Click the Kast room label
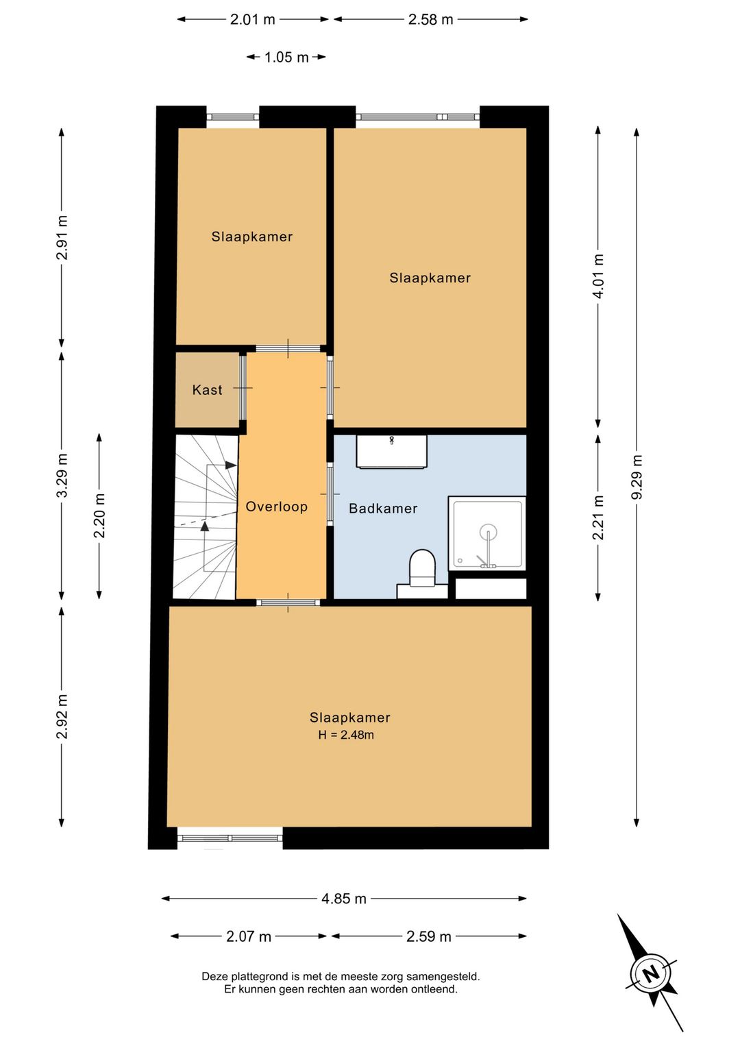click(207, 390)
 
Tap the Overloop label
click(276, 507)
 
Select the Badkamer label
click(383, 508)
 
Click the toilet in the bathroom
click(422, 570)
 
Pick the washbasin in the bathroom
click(391, 452)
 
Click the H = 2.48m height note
click(346, 735)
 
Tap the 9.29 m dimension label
click(637, 477)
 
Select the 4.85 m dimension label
click(344, 899)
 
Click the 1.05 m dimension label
click(286, 58)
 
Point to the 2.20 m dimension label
click(100, 515)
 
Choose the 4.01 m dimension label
click(598, 276)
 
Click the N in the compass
click(651, 973)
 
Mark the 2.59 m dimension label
click(429, 936)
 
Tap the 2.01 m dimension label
click(252, 19)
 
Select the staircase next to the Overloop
click(204, 517)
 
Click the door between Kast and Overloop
click(243, 388)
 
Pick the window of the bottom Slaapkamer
click(230, 838)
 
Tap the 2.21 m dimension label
click(598, 518)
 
